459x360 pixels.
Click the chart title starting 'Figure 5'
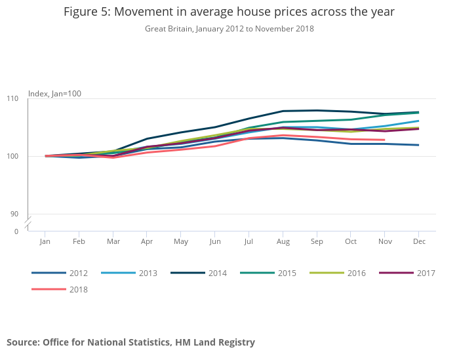tap(229, 12)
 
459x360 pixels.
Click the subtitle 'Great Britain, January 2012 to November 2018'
tap(229, 29)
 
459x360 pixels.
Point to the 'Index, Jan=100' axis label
tap(54, 94)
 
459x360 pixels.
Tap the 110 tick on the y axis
tap(13, 98)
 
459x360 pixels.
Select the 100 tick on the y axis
tap(13, 156)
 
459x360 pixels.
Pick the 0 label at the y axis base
tap(17, 231)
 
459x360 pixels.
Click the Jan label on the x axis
tap(45, 242)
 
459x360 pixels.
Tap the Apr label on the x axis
tap(147, 242)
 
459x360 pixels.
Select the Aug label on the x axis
tap(283, 242)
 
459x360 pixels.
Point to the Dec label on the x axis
tap(418, 242)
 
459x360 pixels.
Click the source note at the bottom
tap(130, 342)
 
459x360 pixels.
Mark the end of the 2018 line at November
tap(384, 140)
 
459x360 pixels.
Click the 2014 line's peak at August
tap(283, 111)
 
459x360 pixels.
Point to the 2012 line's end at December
tap(418, 145)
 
